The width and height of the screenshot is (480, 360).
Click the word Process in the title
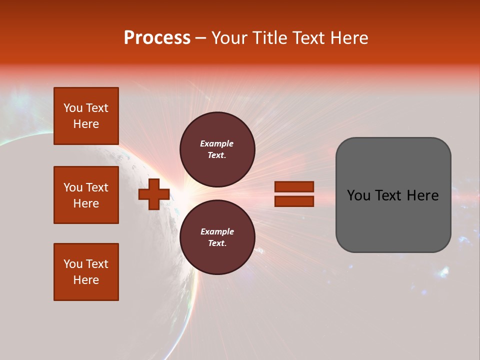[x=157, y=38]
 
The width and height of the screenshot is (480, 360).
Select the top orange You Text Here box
[x=86, y=116]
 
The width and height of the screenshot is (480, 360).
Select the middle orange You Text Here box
[x=86, y=195]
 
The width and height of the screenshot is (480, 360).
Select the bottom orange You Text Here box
[x=86, y=272]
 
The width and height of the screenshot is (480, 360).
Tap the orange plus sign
[x=154, y=194]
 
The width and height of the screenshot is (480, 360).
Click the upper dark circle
[x=217, y=149]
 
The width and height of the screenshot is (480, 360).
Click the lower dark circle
[x=217, y=237]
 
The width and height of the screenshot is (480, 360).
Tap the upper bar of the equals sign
[x=294, y=186]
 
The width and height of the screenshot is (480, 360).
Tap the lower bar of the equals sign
[x=294, y=201]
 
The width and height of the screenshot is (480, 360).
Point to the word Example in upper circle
[x=217, y=143]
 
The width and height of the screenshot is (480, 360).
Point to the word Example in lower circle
[x=217, y=231]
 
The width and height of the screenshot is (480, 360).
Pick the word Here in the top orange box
[x=86, y=124]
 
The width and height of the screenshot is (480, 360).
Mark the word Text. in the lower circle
[x=217, y=243]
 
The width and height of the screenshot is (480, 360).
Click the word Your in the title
[x=230, y=38]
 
